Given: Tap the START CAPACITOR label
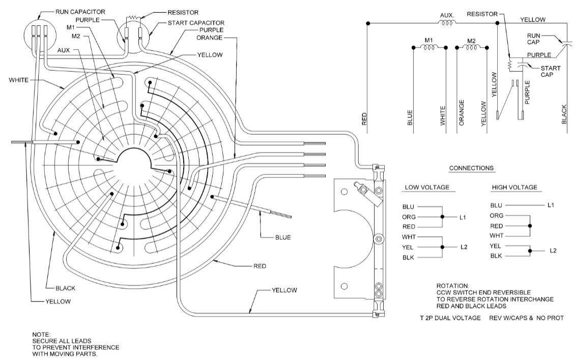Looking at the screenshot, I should (x=197, y=23).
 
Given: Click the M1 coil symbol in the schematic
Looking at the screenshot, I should (x=428, y=48).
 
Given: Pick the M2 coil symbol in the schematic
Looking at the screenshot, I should (x=471, y=48).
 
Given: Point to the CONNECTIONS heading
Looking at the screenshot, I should (x=471, y=168).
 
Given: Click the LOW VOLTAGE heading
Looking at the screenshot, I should (x=426, y=188).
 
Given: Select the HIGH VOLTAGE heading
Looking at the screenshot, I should (x=514, y=188).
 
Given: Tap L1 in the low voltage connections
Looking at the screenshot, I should (x=463, y=217).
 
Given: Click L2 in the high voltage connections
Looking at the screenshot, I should (x=554, y=251).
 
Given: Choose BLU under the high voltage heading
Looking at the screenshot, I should (x=496, y=205).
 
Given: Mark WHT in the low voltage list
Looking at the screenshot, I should (x=409, y=237).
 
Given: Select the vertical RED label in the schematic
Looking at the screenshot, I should (x=364, y=118).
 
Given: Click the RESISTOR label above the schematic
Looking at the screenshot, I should (x=481, y=14).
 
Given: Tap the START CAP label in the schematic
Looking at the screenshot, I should (x=546, y=71).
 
